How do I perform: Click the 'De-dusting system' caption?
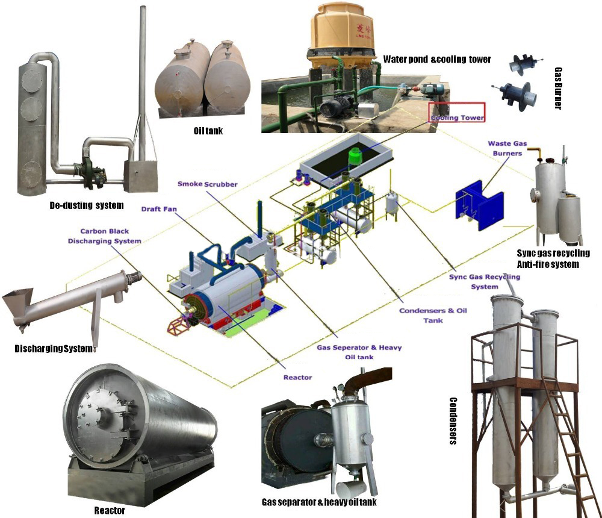point(87,205)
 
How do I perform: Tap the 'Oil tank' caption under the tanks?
point(207,130)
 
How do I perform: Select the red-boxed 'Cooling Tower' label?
point(457,118)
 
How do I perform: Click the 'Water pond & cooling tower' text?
point(437,59)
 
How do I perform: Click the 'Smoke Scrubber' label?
point(207,183)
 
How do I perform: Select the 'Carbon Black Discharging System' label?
point(111,236)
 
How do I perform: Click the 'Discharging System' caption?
point(54,349)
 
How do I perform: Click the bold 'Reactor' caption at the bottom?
point(110,511)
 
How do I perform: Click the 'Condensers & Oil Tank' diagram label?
point(433,316)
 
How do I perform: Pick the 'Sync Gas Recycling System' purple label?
point(485,281)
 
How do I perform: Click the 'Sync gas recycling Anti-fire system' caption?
point(553,258)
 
